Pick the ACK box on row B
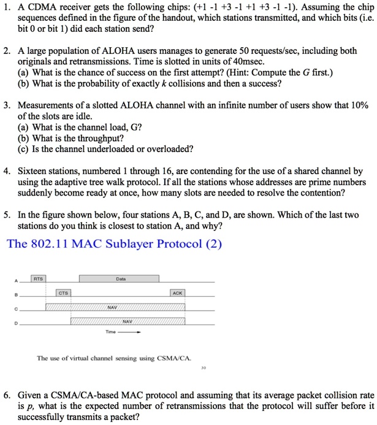[x=178, y=293]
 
